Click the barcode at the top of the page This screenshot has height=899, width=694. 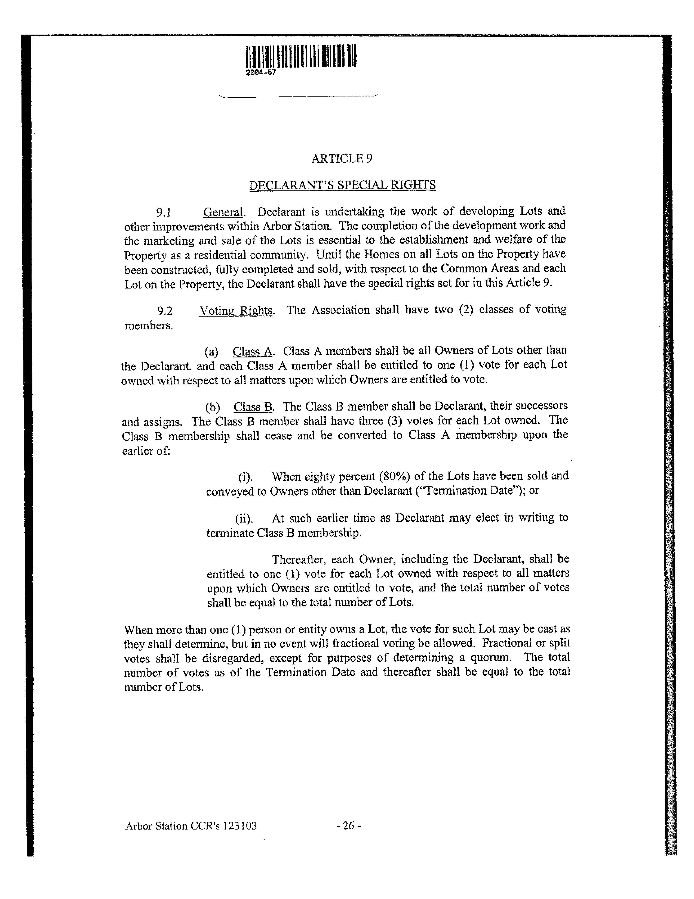coord(301,56)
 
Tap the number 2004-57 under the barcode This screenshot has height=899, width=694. coord(261,73)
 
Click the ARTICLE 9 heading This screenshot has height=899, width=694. coord(342,159)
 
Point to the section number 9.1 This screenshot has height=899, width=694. coord(163,212)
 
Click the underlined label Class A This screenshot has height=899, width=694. coord(253,351)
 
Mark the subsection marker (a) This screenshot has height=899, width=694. coord(211,351)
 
